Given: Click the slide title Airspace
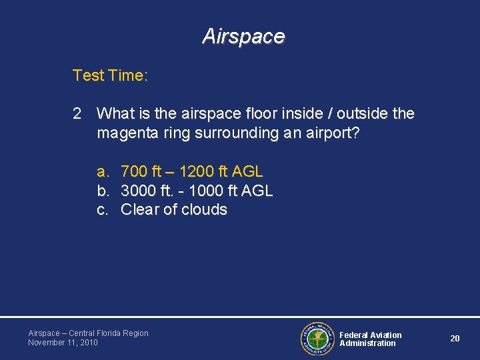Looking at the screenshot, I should click(x=243, y=36).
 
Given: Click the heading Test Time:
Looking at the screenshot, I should click(x=110, y=76).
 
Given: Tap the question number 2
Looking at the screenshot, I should click(x=77, y=114).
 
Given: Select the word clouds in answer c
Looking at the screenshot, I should click(x=205, y=210).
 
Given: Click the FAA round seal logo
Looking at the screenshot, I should click(x=315, y=339).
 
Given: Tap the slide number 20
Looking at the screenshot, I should click(x=455, y=339).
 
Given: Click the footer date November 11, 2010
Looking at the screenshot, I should click(x=63, y=343).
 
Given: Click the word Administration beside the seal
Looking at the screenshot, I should click(x=367, y=343).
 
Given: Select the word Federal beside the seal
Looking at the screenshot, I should click(x=353, y=335).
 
